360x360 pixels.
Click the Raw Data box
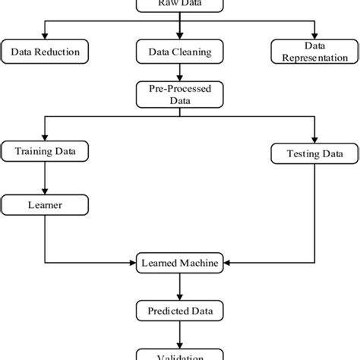click(x=179, y=5)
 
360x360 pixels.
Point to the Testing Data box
click(x=312, y=154)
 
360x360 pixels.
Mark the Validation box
click(x=179, y=354)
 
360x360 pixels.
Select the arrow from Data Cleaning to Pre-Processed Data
click(x=179, y=71)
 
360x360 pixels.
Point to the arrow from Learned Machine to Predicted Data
click(x=179, y=286)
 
